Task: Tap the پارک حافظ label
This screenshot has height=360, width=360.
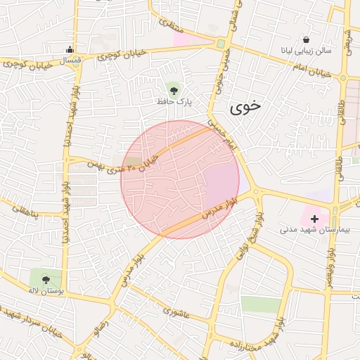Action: coord(174,102)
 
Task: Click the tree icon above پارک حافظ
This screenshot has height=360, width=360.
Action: coord(174,89)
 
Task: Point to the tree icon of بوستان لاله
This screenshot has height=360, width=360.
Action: coord(46,279)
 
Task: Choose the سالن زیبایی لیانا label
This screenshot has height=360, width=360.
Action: coord(306,51)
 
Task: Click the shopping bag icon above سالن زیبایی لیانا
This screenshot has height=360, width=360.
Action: coord(306,39)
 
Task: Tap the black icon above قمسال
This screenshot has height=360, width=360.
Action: coord(70,49)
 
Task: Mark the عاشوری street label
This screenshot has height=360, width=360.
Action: coord(176,310)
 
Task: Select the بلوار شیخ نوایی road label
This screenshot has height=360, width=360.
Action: coord(255,233)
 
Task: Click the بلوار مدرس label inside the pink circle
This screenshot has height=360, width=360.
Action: coord(218,208)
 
